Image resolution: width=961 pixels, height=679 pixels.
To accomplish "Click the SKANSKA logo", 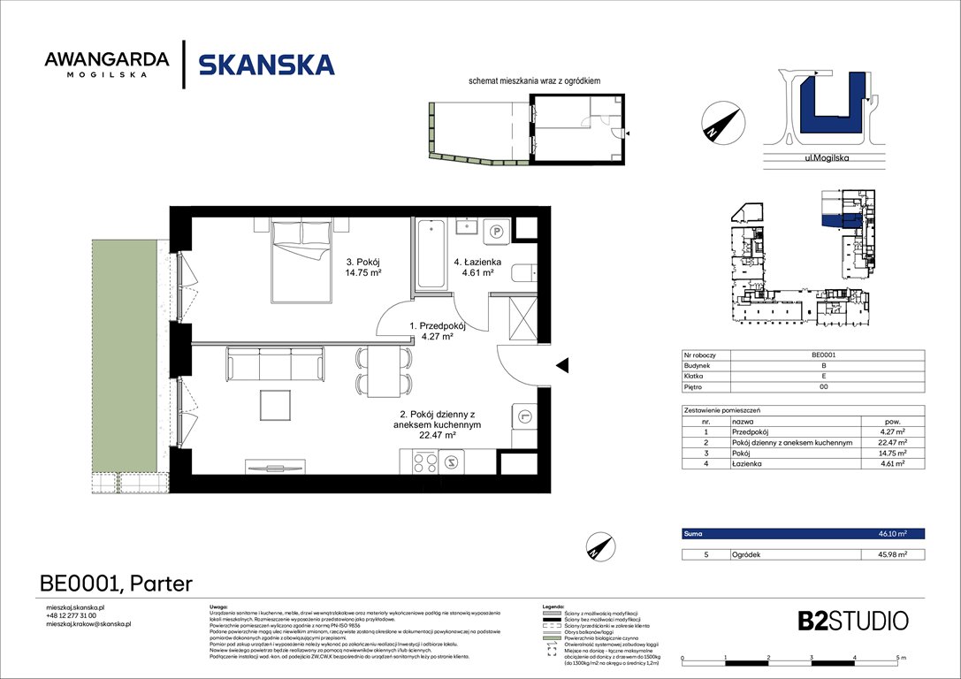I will point(266,65).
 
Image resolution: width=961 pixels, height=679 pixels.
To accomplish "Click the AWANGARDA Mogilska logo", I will point(107,64).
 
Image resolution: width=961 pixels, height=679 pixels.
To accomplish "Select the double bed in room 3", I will point(302,259).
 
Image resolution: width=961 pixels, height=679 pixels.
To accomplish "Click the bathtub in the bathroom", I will point(431,254).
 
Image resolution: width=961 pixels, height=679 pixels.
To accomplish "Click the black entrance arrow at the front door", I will point(561,364).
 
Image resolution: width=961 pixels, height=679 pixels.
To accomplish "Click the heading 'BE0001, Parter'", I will point(116,583).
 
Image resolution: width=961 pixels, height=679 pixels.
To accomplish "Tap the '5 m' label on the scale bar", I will point(900,660).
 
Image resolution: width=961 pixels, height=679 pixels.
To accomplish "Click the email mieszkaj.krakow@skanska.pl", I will point(88,624).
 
